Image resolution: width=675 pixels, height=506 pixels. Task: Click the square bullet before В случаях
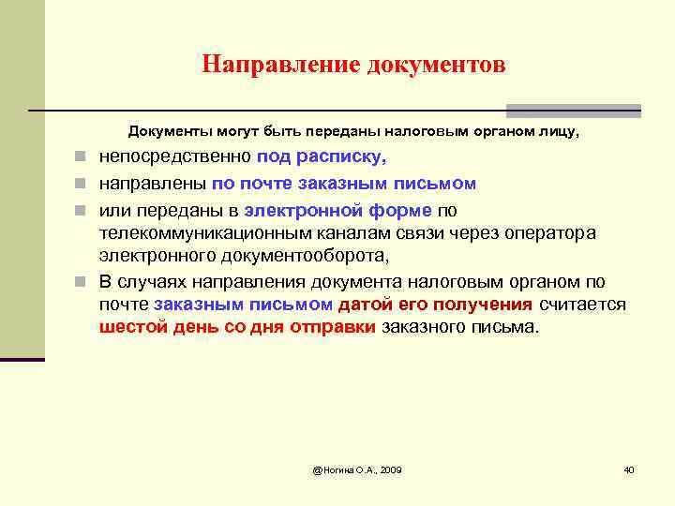(x=83, y=281)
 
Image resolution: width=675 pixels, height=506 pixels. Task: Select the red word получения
(x=487, y=304)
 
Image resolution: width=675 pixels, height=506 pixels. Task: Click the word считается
(x=581, y=304)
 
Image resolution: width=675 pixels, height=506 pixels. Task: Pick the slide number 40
(x=629, y=469)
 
